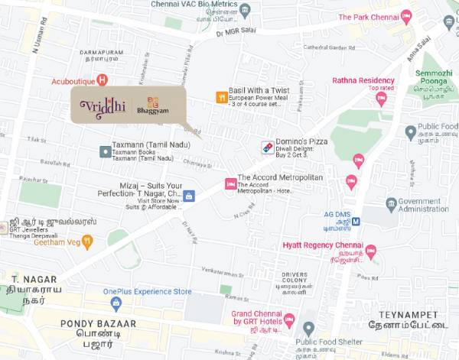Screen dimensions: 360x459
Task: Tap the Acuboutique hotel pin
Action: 103,79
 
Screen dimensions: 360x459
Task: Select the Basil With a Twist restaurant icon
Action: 221,98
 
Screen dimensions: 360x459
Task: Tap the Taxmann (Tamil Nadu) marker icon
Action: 104,151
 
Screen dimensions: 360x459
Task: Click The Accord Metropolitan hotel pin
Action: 229,184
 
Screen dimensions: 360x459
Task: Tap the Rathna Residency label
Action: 363,80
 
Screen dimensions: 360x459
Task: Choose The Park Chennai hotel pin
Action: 405,17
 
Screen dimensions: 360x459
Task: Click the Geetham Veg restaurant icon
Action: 88,242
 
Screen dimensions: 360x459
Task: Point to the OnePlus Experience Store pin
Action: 116,303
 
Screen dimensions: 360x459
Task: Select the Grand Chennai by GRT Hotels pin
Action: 289,319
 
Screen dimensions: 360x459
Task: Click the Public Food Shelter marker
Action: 309,329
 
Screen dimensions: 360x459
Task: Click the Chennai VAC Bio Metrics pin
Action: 245,9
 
